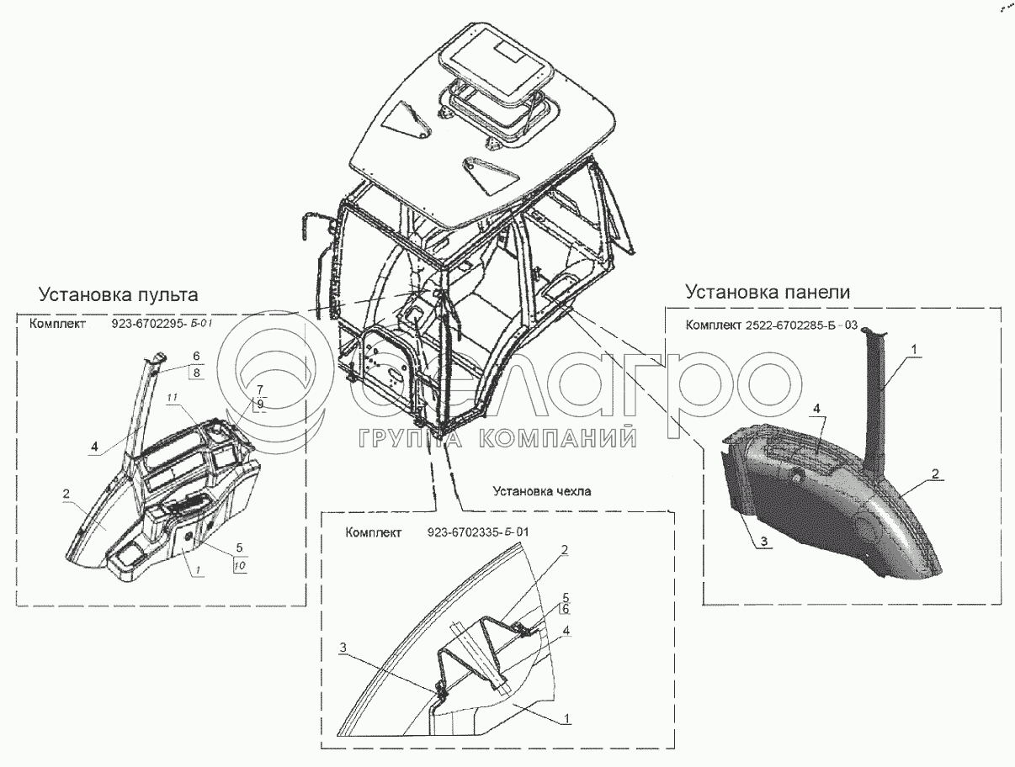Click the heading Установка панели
pyautogui.click(x=768, y=292)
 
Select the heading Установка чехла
pyautogui.click(x=532, y=492)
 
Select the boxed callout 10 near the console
pyautogui.click(x=240, y=566)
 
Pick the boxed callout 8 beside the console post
pyautogui.click(x=195, y=372)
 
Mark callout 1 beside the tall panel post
pyautogui.click(x=915, y=347)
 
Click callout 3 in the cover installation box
pyautogui.click(x=344, y=647)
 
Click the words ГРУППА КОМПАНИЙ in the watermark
pyautogui.click(x=496, y=437)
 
